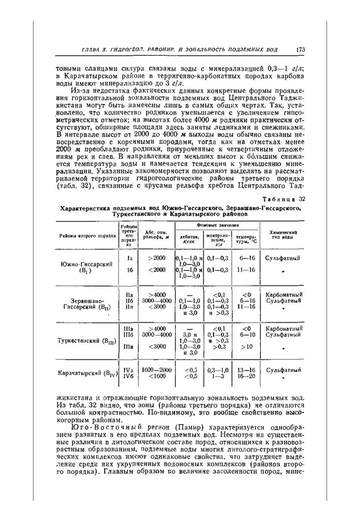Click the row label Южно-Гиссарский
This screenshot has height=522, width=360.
point(86,264)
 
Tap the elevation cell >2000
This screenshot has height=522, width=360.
point(157,256)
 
